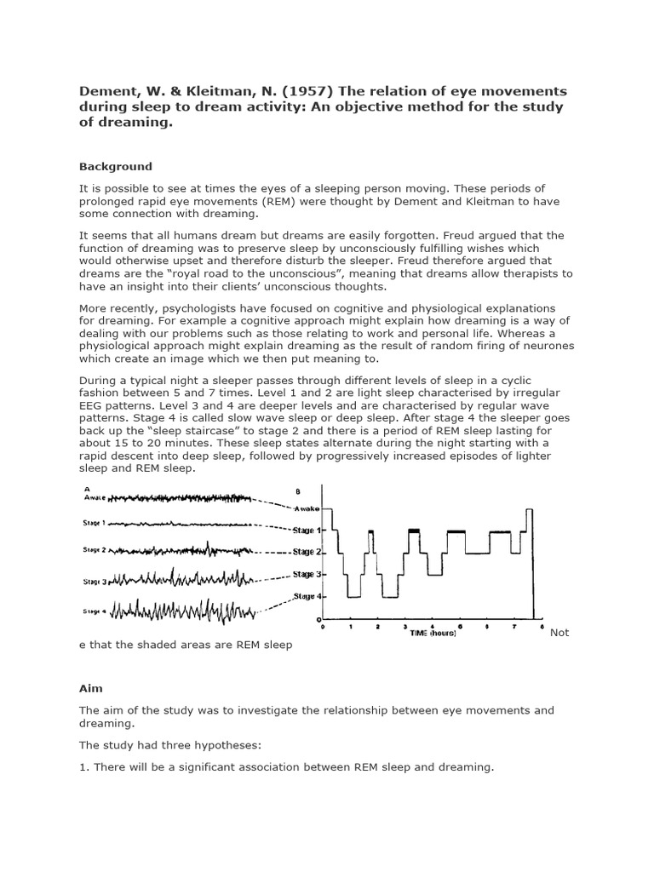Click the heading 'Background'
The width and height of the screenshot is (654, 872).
pyautogui.click(x=116, y=167)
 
